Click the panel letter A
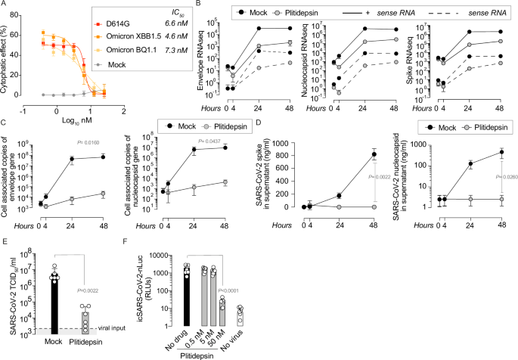click(x=5, y=6)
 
